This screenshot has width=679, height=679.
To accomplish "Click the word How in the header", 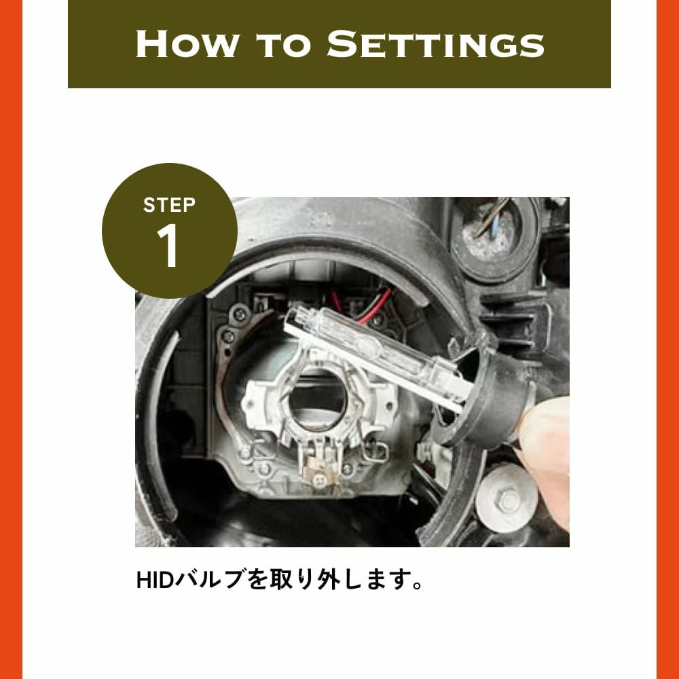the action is click(187, 43).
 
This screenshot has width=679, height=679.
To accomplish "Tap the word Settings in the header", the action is click(435, 43).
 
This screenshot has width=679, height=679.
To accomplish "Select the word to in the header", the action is click(283, 45).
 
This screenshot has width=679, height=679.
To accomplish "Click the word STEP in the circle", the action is click(169, 205).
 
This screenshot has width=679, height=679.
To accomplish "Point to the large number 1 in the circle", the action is click(168, 246).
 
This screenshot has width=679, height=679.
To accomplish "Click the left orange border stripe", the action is click(12, 339).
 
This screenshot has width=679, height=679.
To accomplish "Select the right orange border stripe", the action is click(667, 339).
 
